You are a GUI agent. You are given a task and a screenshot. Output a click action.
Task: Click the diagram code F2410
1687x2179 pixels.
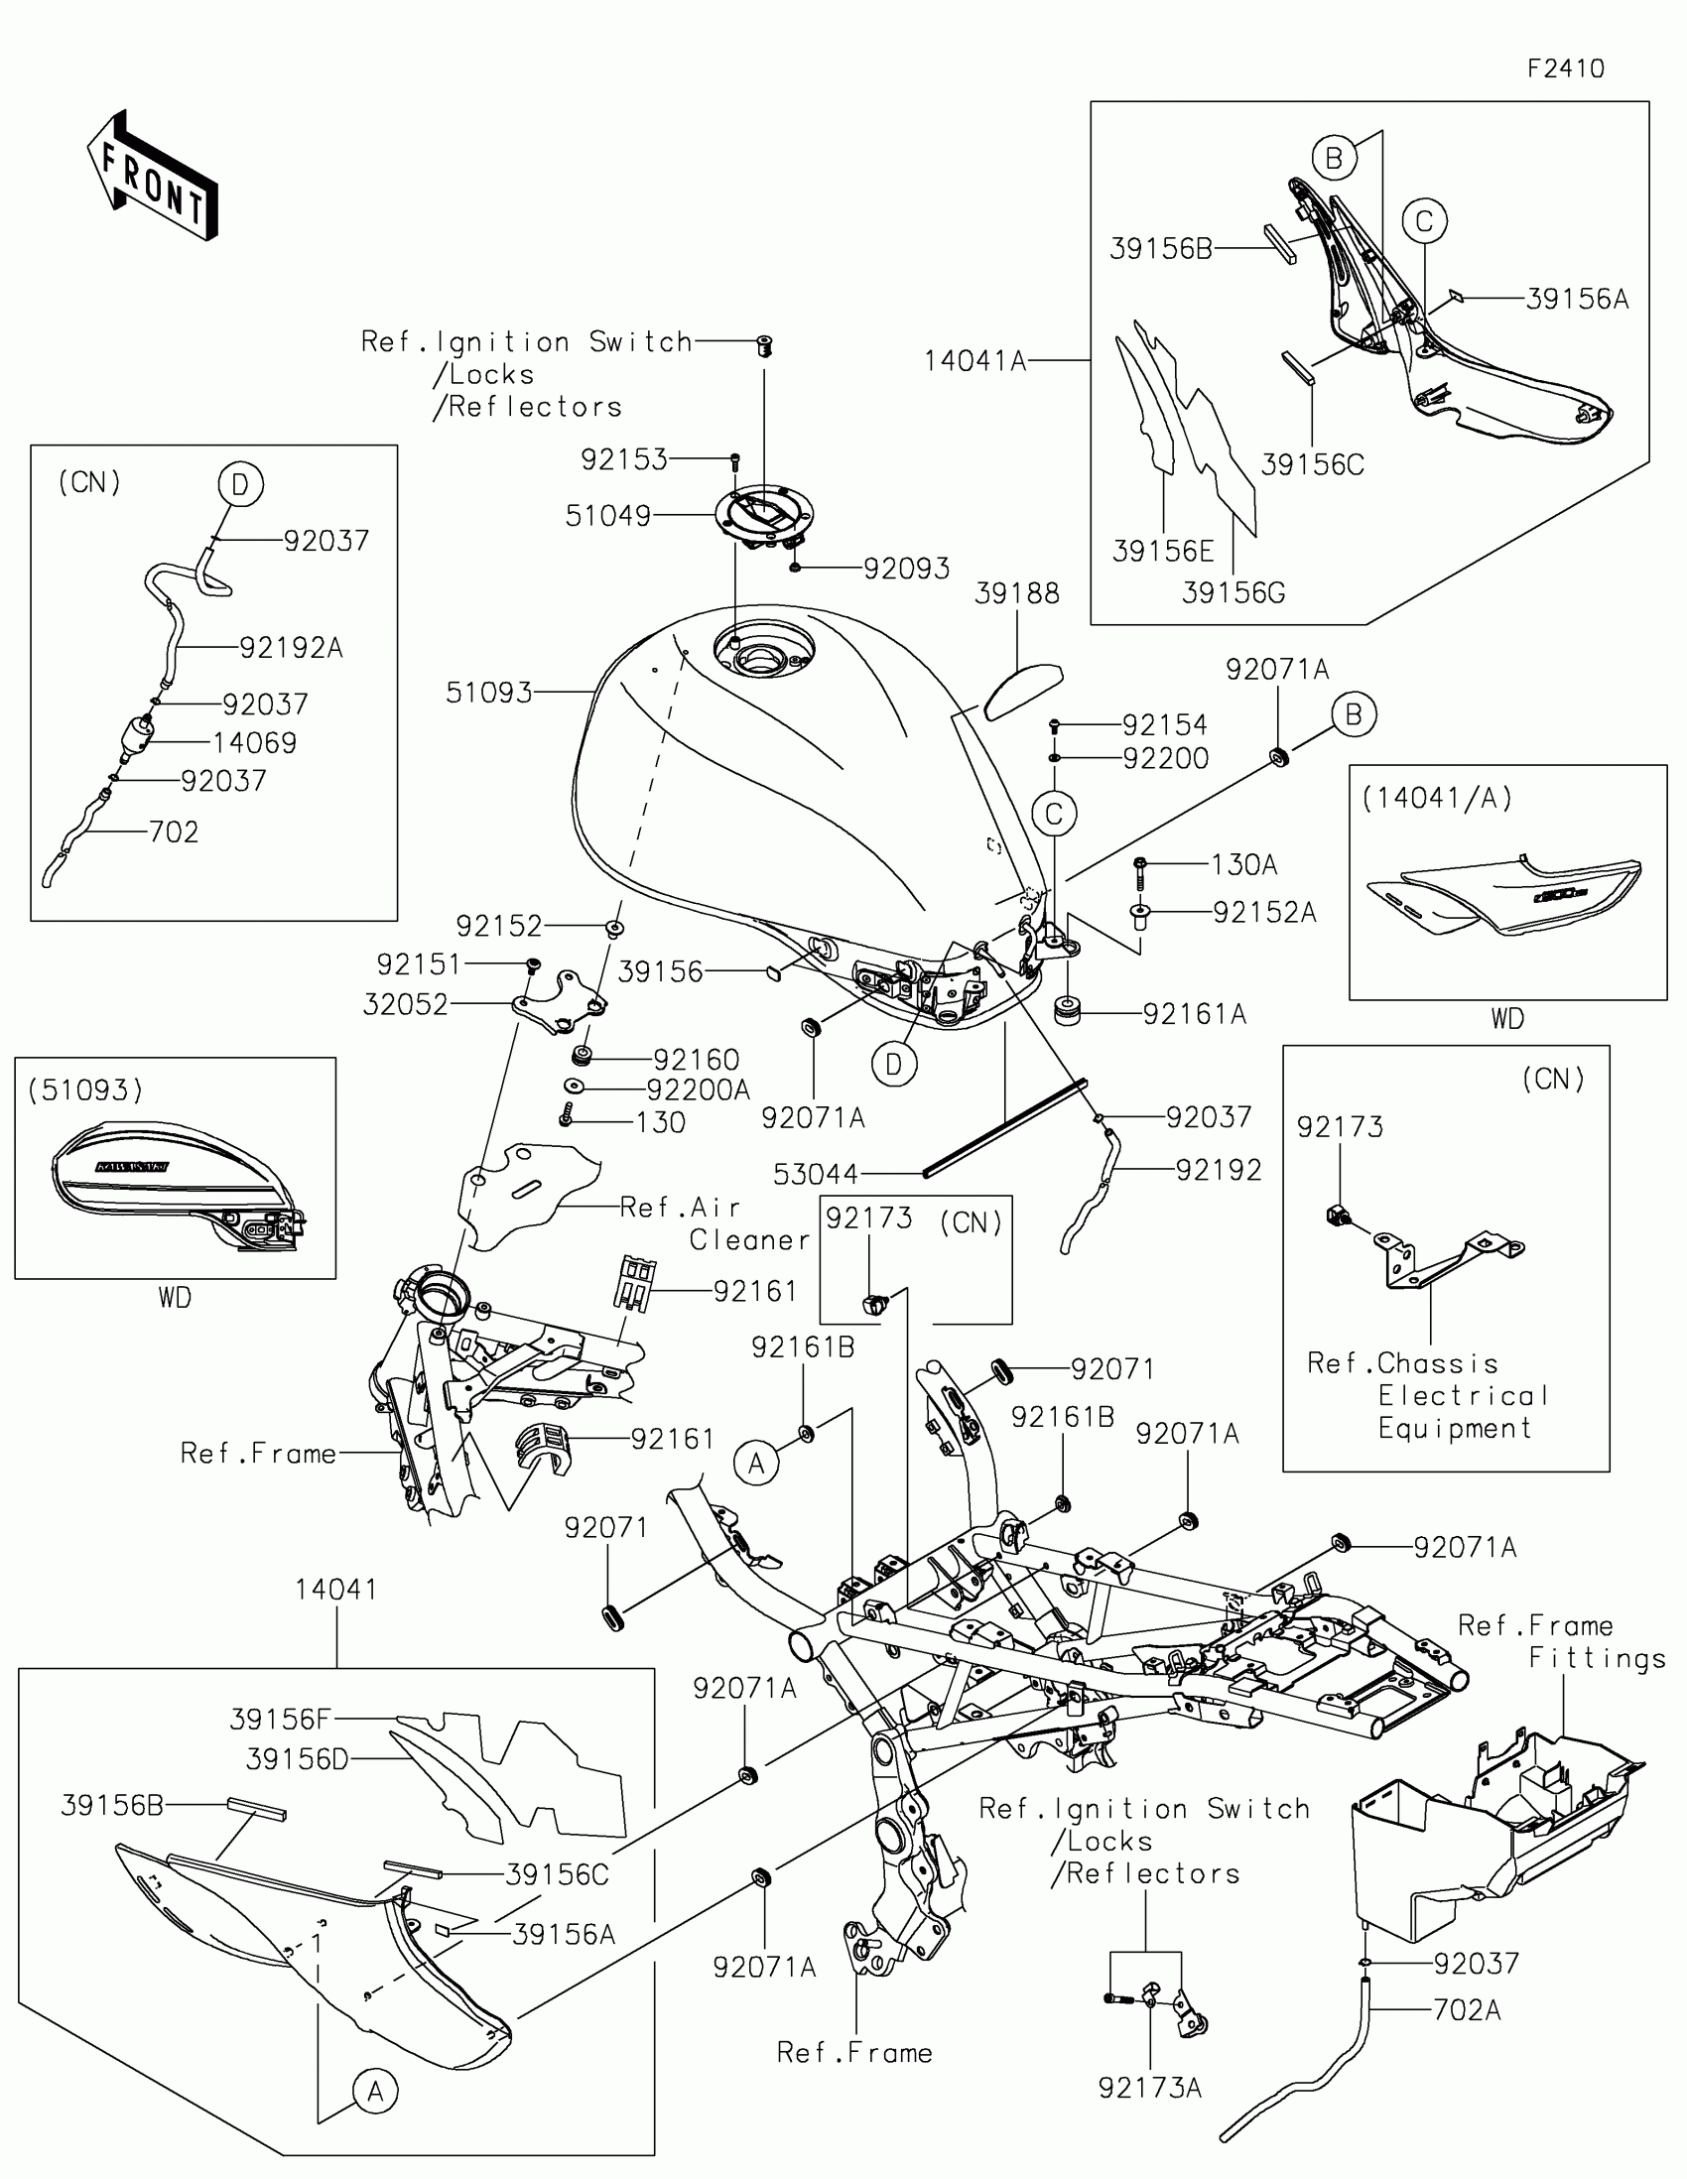click(x=1565, y=68)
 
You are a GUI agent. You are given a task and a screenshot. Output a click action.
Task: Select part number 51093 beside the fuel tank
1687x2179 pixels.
click(x=489, y=693)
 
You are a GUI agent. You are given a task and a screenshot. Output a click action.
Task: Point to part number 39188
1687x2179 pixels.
click(x=1016, y=593)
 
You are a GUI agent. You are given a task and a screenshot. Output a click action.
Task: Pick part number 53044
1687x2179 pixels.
click(x=816, y=1174)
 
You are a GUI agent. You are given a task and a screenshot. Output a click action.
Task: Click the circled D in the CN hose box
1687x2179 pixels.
click(x=239, y=485)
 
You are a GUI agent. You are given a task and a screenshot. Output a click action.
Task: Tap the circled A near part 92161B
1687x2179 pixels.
click(x=756, y=1464)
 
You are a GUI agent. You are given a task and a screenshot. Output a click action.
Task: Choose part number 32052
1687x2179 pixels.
click(x=405, y=1005)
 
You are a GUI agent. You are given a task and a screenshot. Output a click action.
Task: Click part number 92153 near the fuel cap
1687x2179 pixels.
click(x=623, y=460)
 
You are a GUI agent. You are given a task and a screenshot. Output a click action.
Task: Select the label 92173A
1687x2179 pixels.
click(x=1149, y=2088)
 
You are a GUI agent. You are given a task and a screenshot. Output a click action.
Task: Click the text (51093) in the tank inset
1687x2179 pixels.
click(x=85, y=1090)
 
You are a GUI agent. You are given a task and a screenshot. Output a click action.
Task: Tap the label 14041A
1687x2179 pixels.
click(x=974, y=361)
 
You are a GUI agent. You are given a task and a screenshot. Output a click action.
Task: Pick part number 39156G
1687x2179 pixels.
click(x=1233, y=593)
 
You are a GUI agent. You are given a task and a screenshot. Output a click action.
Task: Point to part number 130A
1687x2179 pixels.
click(x=1244, y=865)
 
